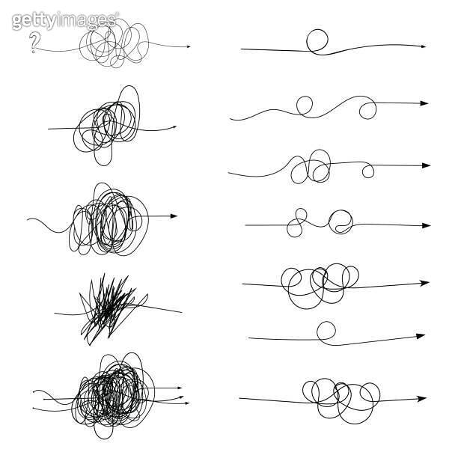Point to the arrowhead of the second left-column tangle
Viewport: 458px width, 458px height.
174,126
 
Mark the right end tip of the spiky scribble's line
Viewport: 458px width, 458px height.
181,311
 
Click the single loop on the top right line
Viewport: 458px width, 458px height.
318,41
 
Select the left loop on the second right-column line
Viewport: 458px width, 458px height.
305,107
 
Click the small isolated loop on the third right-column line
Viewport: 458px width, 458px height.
367,172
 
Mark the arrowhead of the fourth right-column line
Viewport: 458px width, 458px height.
427,225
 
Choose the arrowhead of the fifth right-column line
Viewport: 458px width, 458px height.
425,283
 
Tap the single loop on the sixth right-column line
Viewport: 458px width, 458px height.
326,331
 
